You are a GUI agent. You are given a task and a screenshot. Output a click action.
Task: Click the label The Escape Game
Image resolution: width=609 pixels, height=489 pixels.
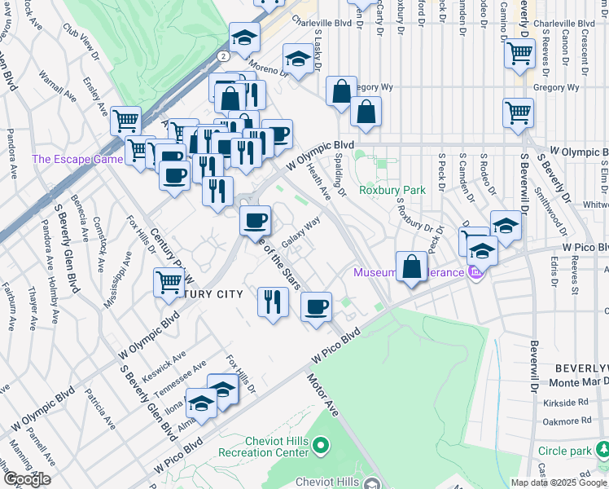(77, 159)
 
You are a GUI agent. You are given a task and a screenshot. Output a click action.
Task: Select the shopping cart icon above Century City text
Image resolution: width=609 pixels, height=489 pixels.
(169, 282)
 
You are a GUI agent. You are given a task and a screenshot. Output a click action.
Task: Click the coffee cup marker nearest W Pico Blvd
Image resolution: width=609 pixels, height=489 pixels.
(316, 306)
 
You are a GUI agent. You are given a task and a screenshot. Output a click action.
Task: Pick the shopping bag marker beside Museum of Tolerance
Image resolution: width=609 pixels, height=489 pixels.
(412, 266)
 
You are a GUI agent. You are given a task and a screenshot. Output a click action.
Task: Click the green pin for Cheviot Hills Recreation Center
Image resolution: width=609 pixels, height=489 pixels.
(322, 446)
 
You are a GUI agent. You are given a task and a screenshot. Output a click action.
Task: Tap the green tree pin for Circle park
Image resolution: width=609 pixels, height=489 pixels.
(602, 449)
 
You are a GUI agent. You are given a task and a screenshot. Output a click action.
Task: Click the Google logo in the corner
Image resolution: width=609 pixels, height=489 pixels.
(27, 479)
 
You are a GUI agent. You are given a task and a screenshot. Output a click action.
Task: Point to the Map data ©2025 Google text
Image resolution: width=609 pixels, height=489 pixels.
(559, 482)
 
